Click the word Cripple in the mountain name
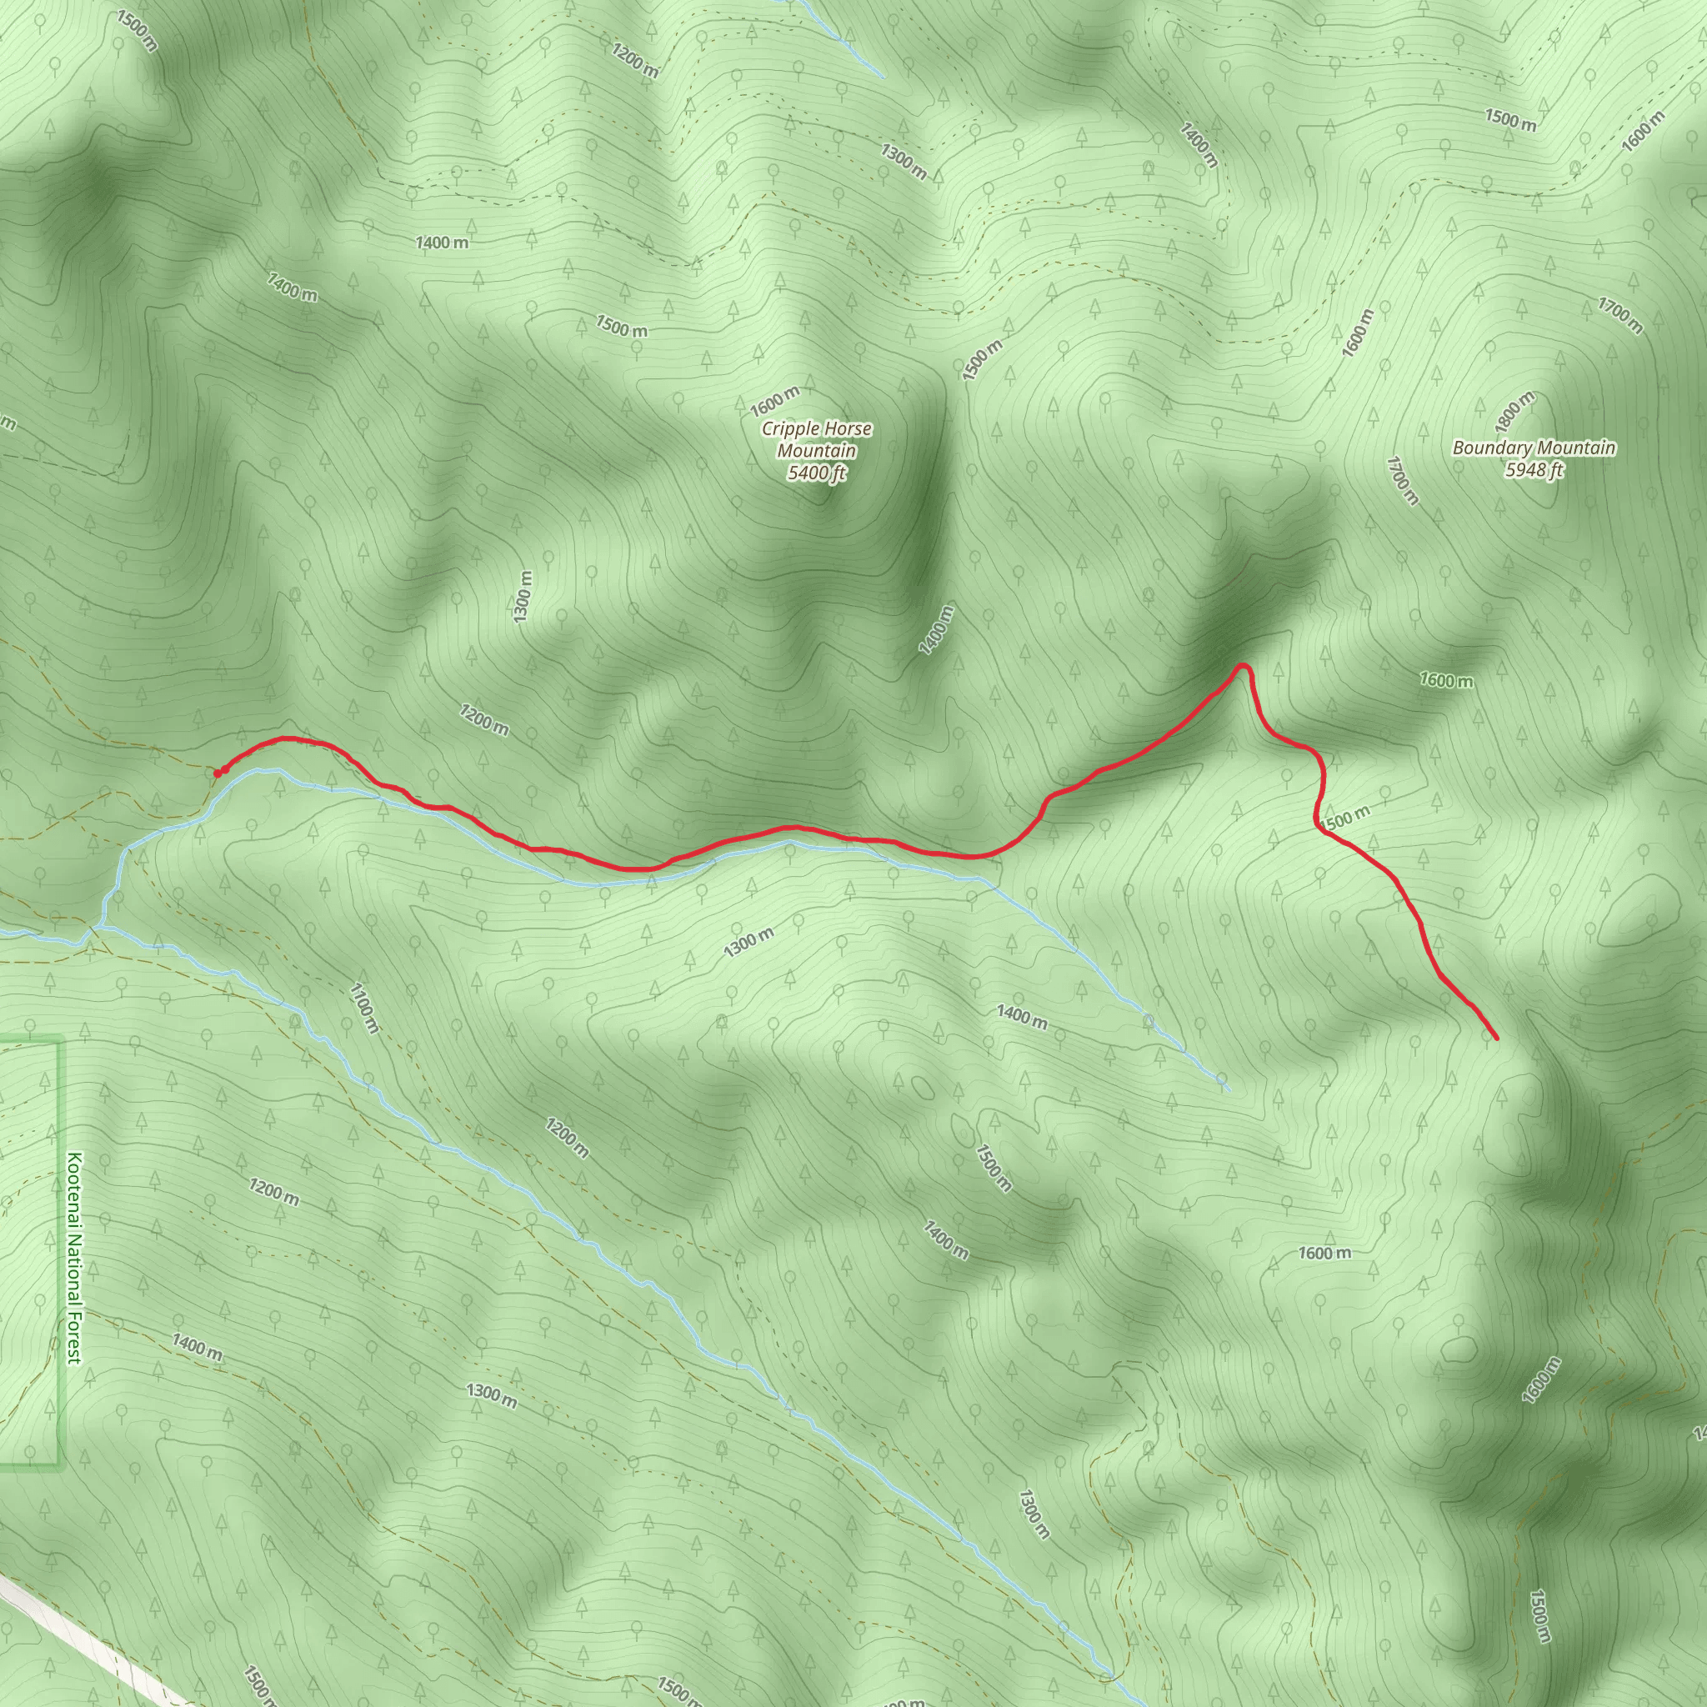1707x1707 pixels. pyautogui.click(x=790, y=429)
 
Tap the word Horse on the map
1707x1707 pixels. pyautogui.click(x=847, y=429)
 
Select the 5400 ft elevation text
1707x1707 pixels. pyautogui.click(x=816, y=473)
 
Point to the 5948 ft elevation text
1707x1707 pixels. pyautogui.click(x=1534, y=470)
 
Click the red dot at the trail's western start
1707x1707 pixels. pyautogui.click(x=218, y=773)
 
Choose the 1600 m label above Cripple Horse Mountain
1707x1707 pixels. pyautogui.click(x=775, y=400)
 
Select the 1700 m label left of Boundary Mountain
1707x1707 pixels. pyautogui.click(x=1402, y=481)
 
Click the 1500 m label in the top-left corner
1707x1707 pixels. pyautogui.click(x=136, y=31)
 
